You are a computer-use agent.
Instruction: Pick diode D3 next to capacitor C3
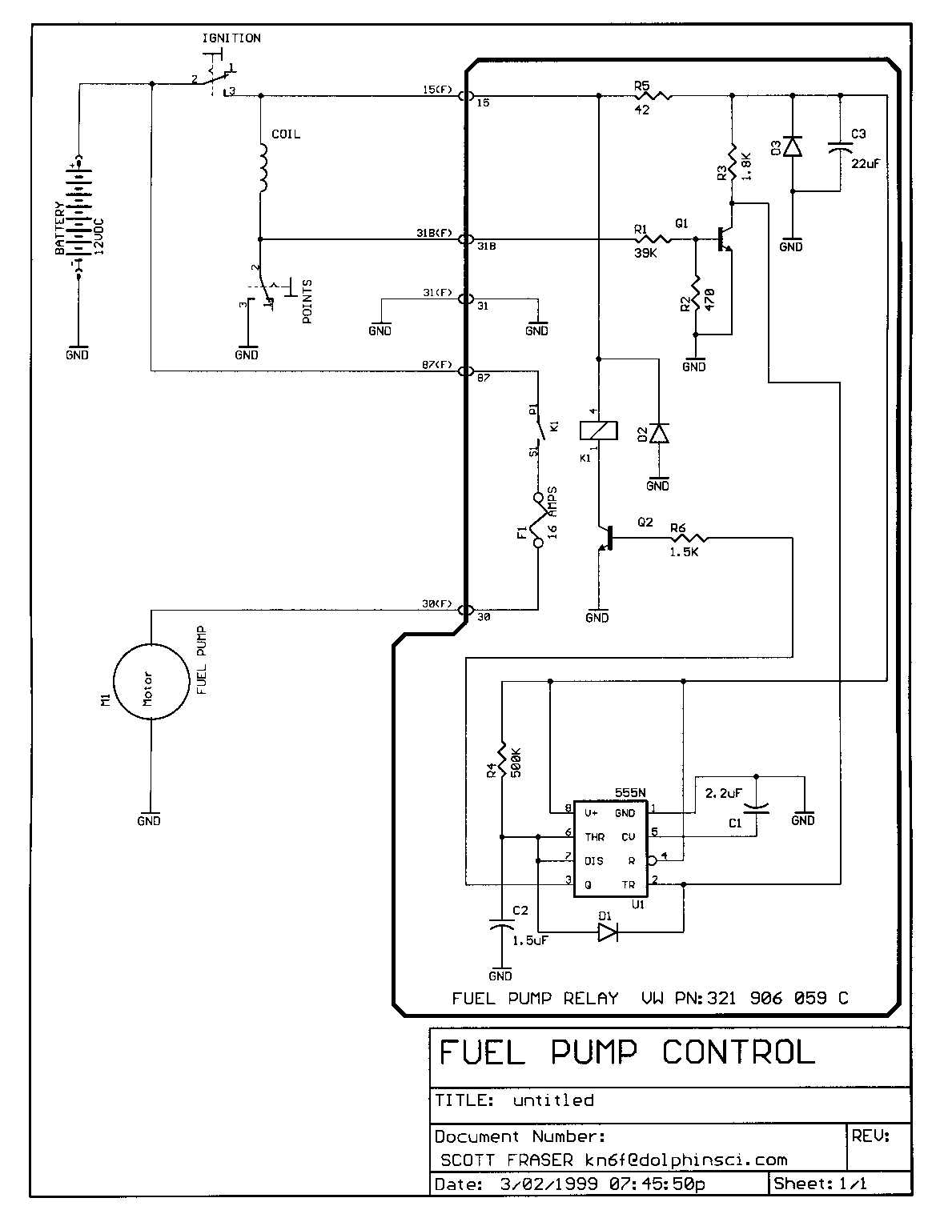[793, 147]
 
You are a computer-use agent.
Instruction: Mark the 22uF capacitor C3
[840, 148]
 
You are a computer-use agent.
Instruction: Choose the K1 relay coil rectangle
[598, 431]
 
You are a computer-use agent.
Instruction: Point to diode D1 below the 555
[608, 932]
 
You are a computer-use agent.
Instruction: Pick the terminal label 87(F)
[437, 366]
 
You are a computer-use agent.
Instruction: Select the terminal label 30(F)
[437, 604]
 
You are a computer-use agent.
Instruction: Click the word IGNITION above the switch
[231, 38]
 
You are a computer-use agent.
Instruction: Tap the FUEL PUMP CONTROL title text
[627, 1052]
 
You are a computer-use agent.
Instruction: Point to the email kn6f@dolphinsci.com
[685, 1160]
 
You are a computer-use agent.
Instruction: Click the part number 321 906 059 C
[777, 998]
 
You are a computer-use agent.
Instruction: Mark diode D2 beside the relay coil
[658, 433]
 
